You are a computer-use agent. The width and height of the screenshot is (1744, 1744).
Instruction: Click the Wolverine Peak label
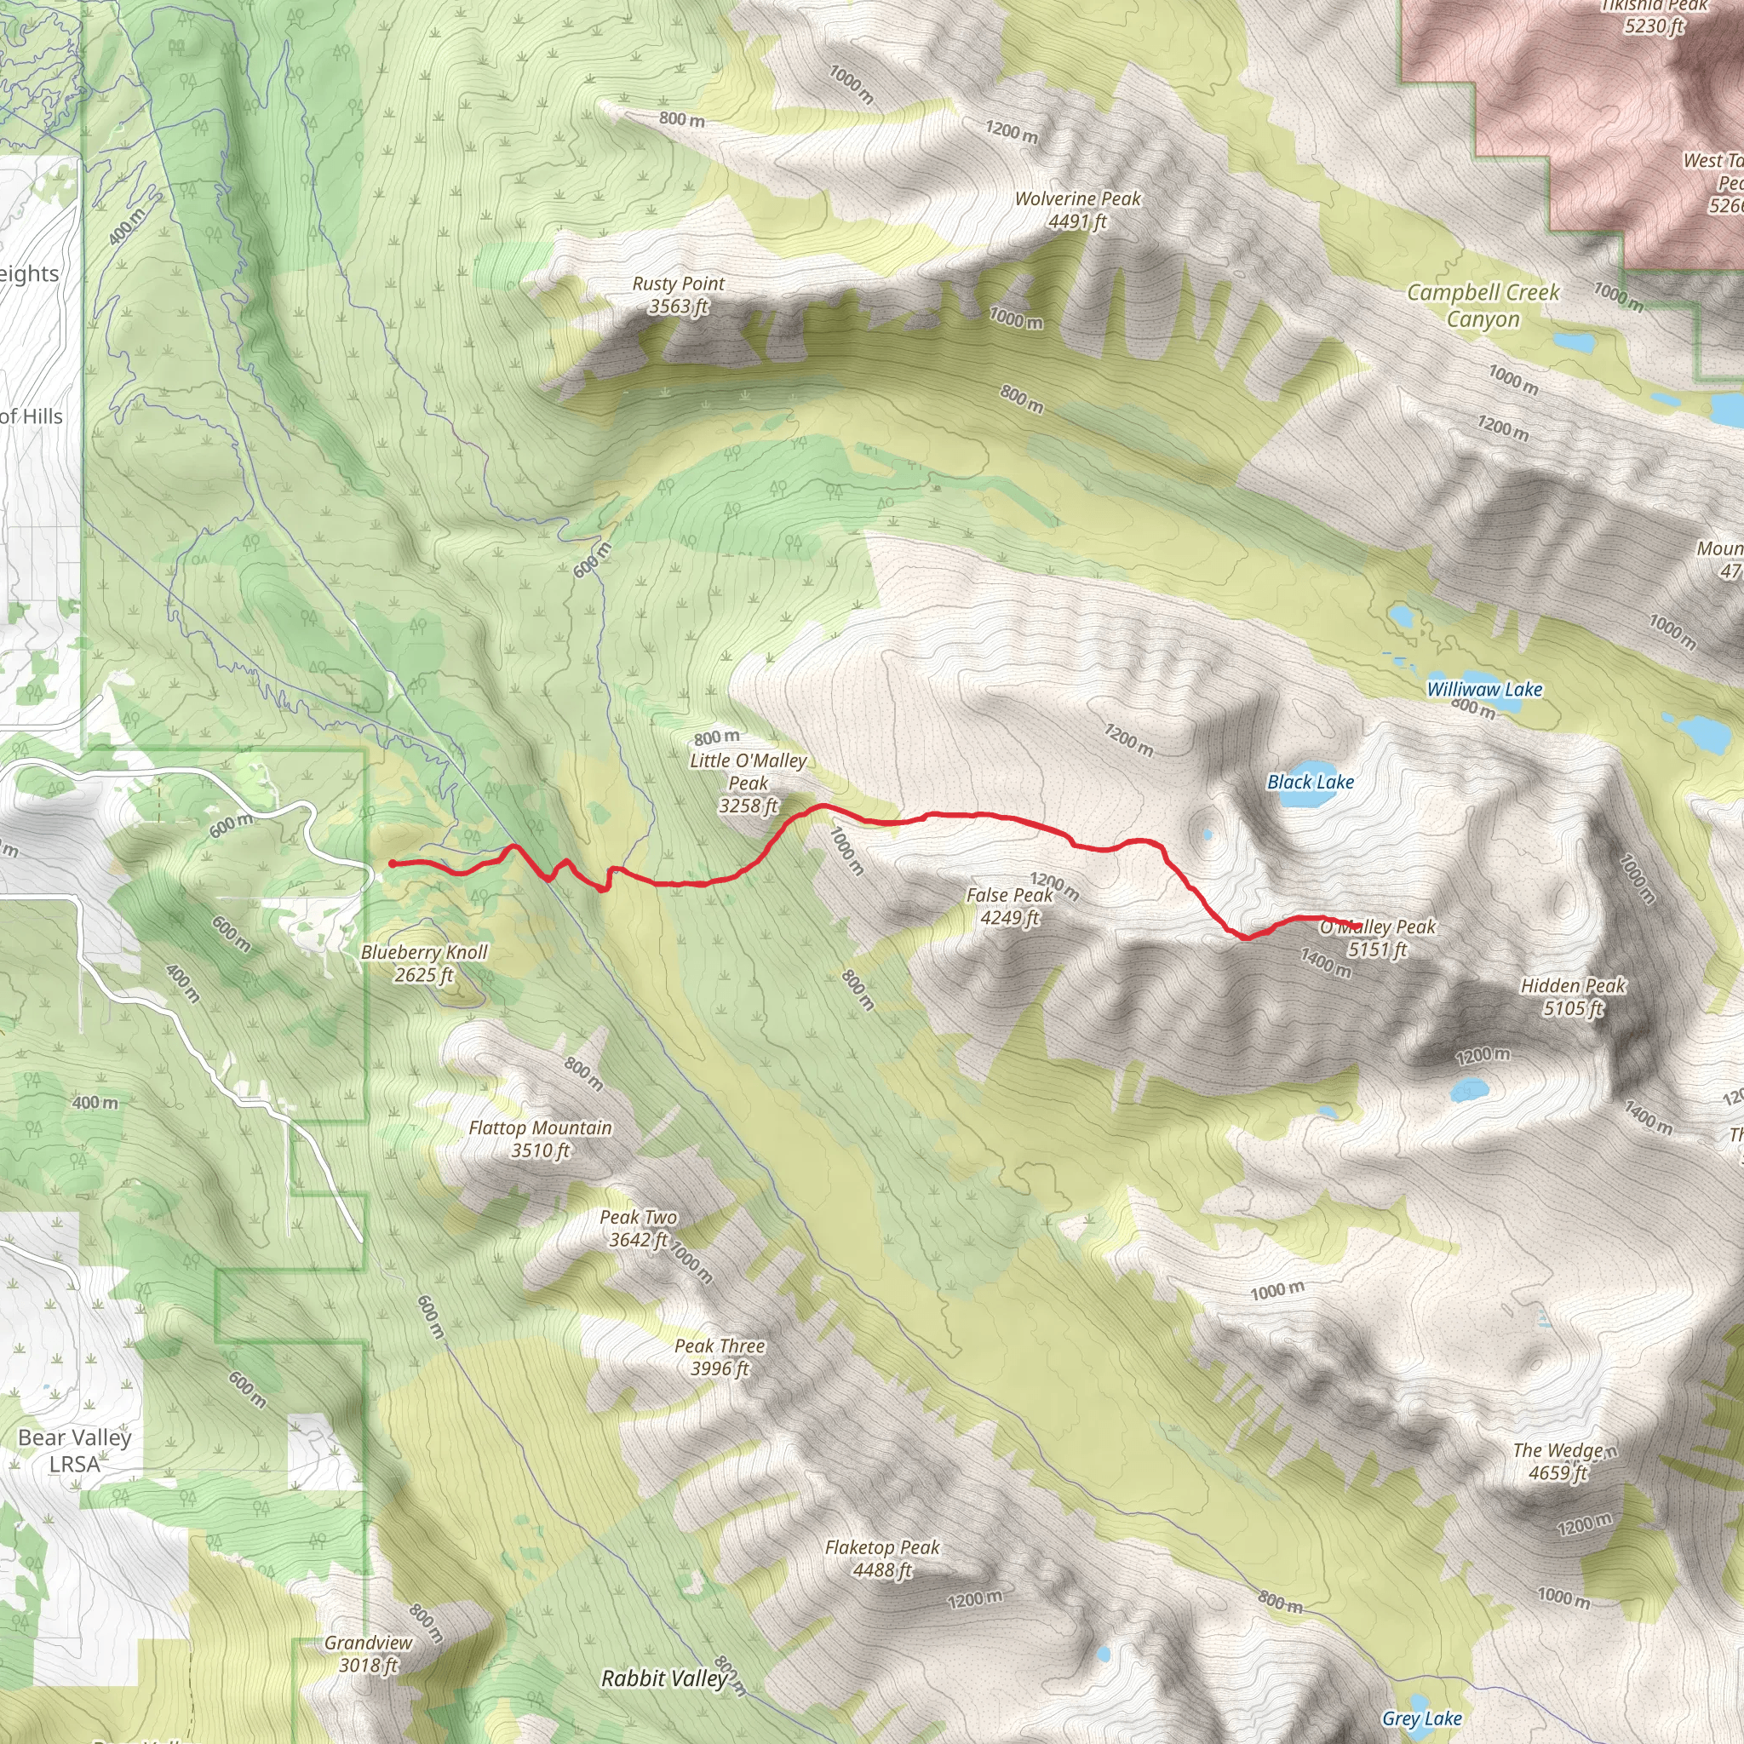1078,209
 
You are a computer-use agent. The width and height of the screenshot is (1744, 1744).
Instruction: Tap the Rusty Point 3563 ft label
678,295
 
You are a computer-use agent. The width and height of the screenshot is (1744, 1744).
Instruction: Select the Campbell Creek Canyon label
1483,305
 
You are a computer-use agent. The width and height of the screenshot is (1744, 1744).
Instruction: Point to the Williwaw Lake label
1484,689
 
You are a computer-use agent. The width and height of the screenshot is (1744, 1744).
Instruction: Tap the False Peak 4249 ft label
1009,905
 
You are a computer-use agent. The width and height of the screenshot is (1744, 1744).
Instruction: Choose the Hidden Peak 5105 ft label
1573,996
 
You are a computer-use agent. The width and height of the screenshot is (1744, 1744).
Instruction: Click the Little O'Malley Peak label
748,783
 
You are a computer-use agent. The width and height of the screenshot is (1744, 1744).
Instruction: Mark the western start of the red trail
393,863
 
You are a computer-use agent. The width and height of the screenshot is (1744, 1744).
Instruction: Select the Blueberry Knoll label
423,962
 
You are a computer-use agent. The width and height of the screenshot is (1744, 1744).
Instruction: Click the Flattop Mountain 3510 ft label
540,1139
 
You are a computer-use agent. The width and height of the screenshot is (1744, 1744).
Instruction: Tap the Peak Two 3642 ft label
638,1228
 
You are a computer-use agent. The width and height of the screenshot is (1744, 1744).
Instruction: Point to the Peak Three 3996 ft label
720,1357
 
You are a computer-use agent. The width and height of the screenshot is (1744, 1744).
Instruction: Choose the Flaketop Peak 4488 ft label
882,1558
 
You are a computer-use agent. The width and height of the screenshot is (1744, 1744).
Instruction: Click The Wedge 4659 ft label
1558,1461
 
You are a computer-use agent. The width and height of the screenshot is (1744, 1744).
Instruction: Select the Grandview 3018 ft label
368,1653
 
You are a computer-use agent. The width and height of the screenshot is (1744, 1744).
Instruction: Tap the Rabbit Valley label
663,1678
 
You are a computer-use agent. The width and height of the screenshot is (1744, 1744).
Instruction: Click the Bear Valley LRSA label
75,1449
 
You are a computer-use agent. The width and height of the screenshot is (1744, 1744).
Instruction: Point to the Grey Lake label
1421,1718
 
